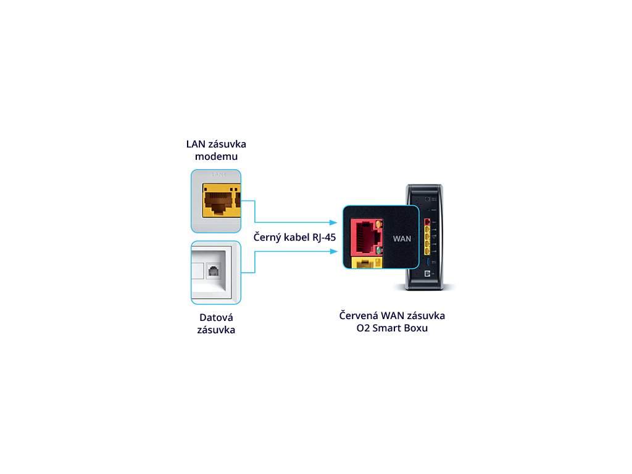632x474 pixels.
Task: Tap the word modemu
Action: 216,157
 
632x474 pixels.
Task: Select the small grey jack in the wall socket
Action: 214,270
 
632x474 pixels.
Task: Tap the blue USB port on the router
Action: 427,262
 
